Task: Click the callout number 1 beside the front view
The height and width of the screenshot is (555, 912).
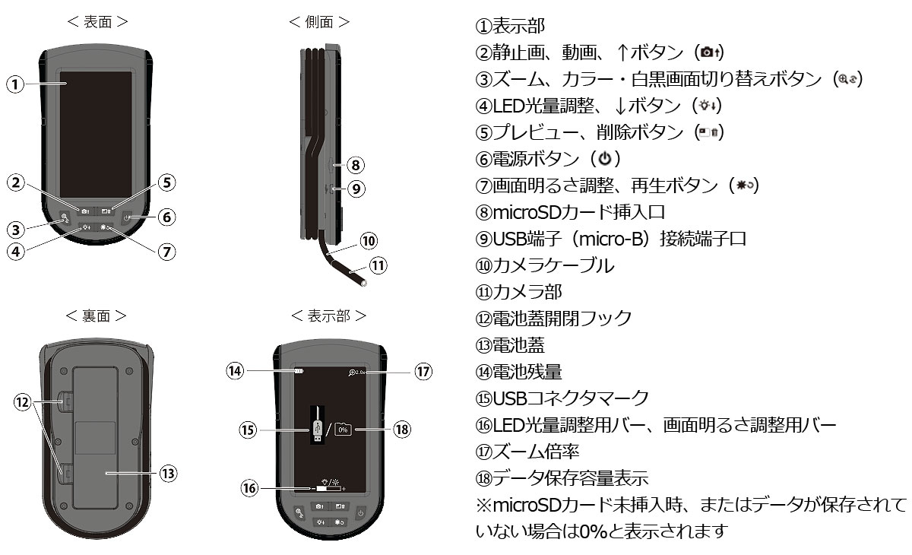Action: tap(15, 84)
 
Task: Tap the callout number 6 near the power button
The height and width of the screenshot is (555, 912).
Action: tap(167, 217)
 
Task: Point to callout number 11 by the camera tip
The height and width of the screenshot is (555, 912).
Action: tap(378, 266)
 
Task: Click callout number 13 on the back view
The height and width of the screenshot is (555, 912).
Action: tap(168, 473)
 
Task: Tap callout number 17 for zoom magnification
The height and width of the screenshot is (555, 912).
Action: tap(423, 372)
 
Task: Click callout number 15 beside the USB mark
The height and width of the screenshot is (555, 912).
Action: tap(248, 430)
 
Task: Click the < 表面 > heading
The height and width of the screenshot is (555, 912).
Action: tap(97, 22)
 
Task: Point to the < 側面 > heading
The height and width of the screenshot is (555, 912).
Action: tap(319, 22)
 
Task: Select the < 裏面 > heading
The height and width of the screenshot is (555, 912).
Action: tap(96, 315)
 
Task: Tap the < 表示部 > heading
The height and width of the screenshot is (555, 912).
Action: tap(328, 315)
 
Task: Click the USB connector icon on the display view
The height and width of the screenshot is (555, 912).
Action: tap(317, 430)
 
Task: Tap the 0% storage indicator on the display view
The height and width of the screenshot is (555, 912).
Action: tap(343, 430)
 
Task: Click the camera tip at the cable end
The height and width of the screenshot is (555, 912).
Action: tap(364, 284)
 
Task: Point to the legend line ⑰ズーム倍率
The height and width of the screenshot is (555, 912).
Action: tap(527, 451)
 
